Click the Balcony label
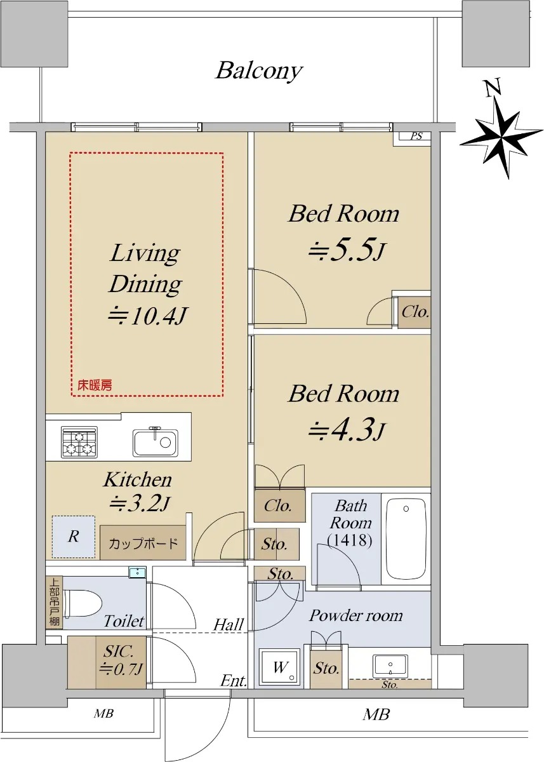(x=259, y=70)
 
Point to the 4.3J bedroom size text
(x=347, y=431)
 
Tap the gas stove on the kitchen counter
(x=79, y=441)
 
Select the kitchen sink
(x=155, y=442)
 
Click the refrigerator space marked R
(x=74, y=537)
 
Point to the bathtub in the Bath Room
(x=406, y=538)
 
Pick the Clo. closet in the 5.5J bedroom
(x=415, y=312)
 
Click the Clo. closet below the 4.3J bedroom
(x=279, y=506)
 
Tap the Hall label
(x=229, y=625)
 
